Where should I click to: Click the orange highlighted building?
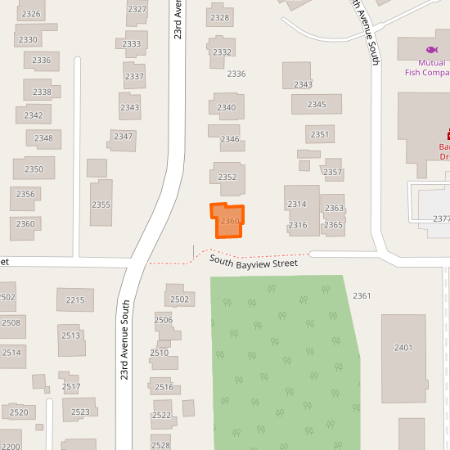coord(228,221)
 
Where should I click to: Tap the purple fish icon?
coord(431,50)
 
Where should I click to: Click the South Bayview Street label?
coord(252,262)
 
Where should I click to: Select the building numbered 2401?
coord(403,347)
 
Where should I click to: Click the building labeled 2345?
coord(316,105)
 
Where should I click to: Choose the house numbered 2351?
coord(320,134)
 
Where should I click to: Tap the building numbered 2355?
coord(101,204)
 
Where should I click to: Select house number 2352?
coord(227,177)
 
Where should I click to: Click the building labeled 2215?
coord(75,300)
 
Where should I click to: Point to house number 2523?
coord(80,411)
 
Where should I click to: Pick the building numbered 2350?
coord(34,169)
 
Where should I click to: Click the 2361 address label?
coord(362,295)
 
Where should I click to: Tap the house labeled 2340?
coord(227,107)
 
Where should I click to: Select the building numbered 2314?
coord(297,204)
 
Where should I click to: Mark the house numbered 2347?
coord(123,137)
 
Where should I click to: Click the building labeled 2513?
coord(70,335)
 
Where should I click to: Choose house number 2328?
coord(219,17)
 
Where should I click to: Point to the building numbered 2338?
coord(42,92)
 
